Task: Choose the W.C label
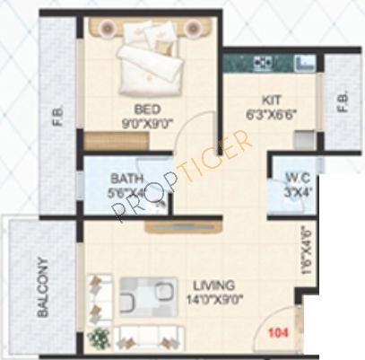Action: pos(298,177)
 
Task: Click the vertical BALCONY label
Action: pos(41,288)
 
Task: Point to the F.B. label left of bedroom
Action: pos(57,117)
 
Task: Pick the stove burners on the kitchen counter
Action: pos(263,63)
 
